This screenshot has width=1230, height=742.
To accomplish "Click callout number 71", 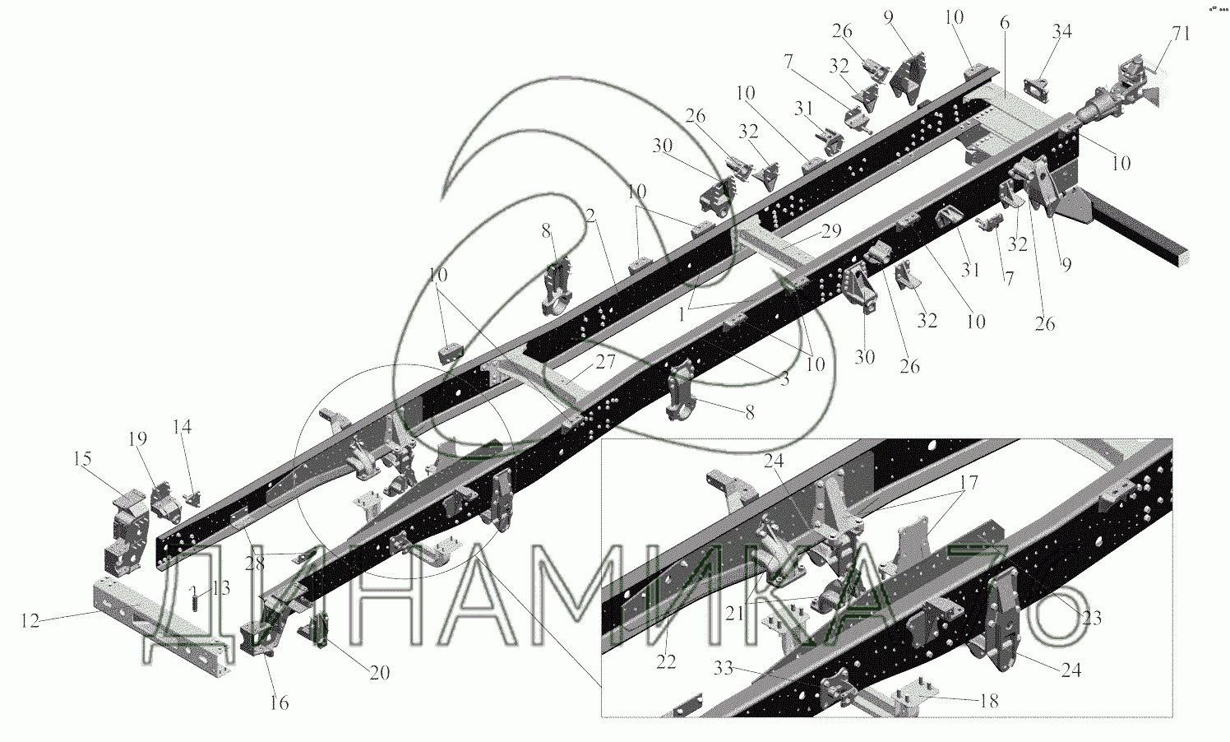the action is click(x=1181, y=34).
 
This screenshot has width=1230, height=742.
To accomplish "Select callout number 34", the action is click(x=1062, y=32).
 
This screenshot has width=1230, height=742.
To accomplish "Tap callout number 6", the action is click(x=1004, y=24).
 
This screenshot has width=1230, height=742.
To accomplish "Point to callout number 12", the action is click(x=30, y=621).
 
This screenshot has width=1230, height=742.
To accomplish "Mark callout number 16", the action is click(x=280, y=703).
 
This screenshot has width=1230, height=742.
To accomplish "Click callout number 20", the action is click(x=378, y=673).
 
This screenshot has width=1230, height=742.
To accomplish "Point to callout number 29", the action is click(x=830, y=232).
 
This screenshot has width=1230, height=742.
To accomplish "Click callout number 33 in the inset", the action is click(x=723, y=669).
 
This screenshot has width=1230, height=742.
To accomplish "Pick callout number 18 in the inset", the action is click(x=989, y=701).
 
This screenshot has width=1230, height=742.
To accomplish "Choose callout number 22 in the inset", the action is click(x=666, y=661).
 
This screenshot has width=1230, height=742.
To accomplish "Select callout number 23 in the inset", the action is click(x=1091, y=619).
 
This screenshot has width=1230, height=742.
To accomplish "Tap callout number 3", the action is click(x=784, y=379).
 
